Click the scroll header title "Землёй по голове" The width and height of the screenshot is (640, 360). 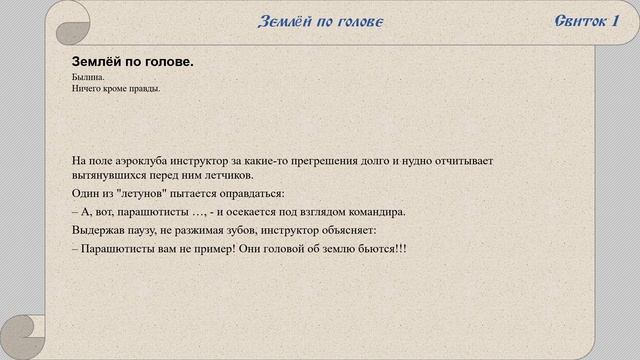click(320, 22)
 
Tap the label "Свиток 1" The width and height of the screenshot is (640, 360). click(585, 22)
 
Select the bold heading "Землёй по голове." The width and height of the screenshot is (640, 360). click(133, 62)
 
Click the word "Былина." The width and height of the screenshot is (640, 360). click(88, 77)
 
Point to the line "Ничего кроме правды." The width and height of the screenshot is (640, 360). click(117, 89)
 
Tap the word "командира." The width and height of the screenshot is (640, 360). click(374, 212)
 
